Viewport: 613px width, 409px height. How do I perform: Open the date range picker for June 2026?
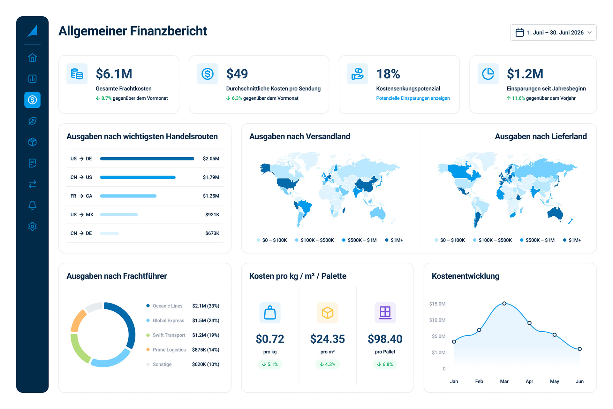pos(553,33)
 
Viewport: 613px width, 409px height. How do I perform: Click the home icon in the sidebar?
pos(32,58)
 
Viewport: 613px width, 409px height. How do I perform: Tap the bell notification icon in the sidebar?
pos(32,205)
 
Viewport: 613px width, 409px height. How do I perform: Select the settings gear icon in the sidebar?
pos(32,227)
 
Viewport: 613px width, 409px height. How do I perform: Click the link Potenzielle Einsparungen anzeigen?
pos(413,98)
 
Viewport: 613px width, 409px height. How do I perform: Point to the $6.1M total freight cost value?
pos(114,74)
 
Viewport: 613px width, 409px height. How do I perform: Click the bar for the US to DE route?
pos(147,158)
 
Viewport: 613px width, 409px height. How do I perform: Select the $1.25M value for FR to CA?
pos(211,196)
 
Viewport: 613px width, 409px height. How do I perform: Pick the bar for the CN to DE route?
pos(110,233)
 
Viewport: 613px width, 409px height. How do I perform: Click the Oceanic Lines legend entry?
pos(164,306)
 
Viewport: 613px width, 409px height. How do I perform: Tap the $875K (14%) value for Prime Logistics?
pos(206,350)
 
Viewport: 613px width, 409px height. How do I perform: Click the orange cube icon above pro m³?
pos(328,313)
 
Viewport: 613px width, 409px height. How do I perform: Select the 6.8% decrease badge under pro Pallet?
pos(385,364)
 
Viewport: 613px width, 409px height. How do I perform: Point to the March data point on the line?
pos(504,304)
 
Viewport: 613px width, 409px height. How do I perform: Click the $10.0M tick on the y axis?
pos(437,320)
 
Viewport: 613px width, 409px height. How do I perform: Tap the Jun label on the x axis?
pos(579,381)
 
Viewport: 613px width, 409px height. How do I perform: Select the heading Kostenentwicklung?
pos(465,276)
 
